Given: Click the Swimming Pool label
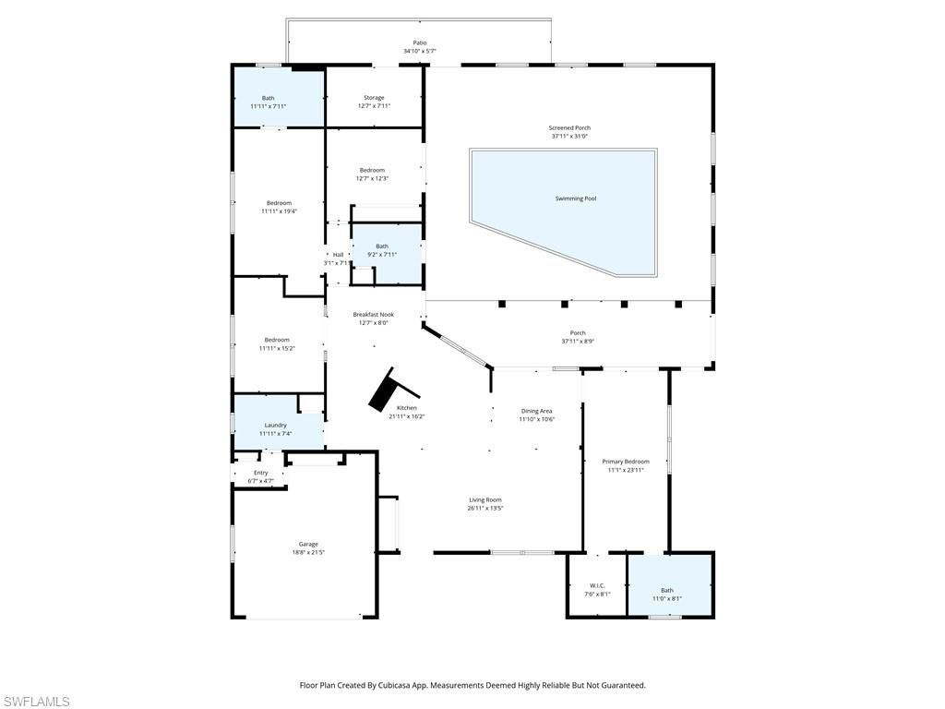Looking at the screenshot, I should (575, 198).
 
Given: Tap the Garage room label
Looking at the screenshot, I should (307, 544).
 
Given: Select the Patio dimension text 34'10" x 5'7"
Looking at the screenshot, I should (420, 51).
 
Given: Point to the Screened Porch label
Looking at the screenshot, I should (569, 127).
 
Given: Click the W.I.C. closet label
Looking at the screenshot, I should (597, 585).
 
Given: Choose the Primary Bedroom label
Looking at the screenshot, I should (625, 462).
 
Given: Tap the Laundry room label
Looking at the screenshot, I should (275, 426).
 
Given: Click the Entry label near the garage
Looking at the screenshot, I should (261, 473).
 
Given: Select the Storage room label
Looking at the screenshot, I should (374, 98).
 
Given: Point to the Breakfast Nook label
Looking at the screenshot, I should (373, 314).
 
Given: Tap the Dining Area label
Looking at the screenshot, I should (536, 411).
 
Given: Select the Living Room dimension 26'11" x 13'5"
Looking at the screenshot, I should (485, 508).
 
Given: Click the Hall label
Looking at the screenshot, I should (338, 255).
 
